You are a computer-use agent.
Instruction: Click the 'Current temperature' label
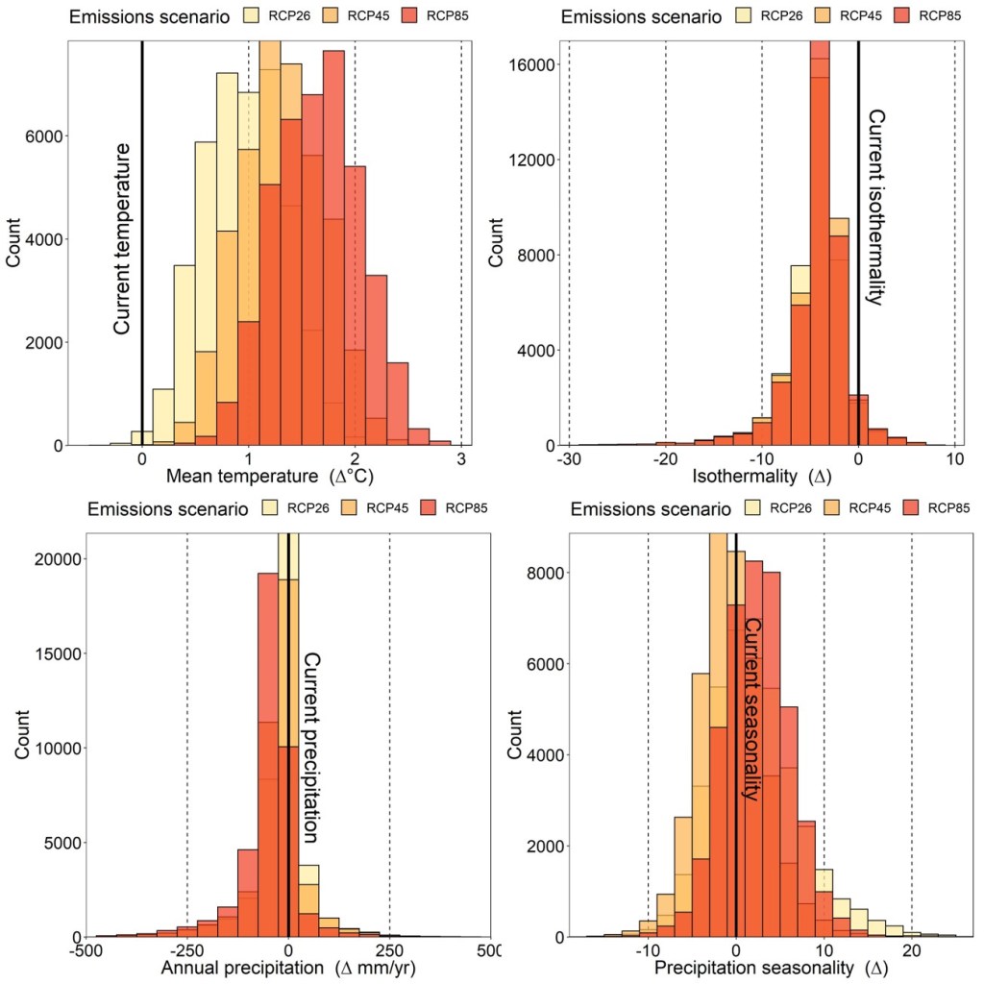click(122, 238)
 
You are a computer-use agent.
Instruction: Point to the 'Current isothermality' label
click(876, 207)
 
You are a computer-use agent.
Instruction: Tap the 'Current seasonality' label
click(753, 709)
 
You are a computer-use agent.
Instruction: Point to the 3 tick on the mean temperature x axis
click(461, 458)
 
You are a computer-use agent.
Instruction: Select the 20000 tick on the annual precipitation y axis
click(51, 559)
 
